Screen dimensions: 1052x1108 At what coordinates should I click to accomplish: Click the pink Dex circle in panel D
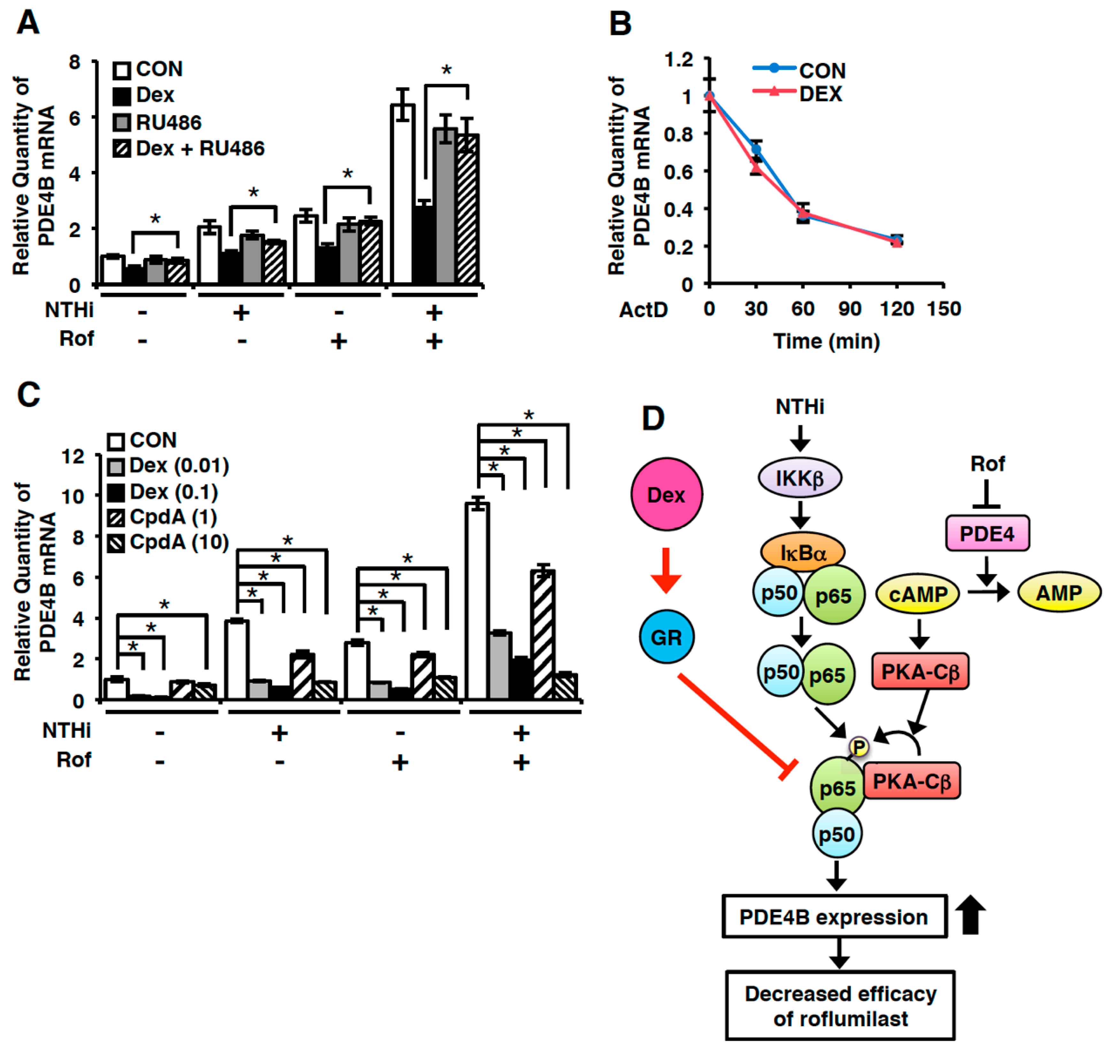666,494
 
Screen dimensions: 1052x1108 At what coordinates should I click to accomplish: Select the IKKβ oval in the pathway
799,478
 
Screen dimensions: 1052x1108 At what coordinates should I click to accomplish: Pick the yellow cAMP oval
917,593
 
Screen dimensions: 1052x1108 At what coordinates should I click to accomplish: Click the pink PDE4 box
987,533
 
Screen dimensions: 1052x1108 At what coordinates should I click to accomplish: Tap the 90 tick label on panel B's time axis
850,309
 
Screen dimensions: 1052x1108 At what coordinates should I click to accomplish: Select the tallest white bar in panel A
402,194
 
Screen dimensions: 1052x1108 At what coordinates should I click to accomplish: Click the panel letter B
620,25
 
